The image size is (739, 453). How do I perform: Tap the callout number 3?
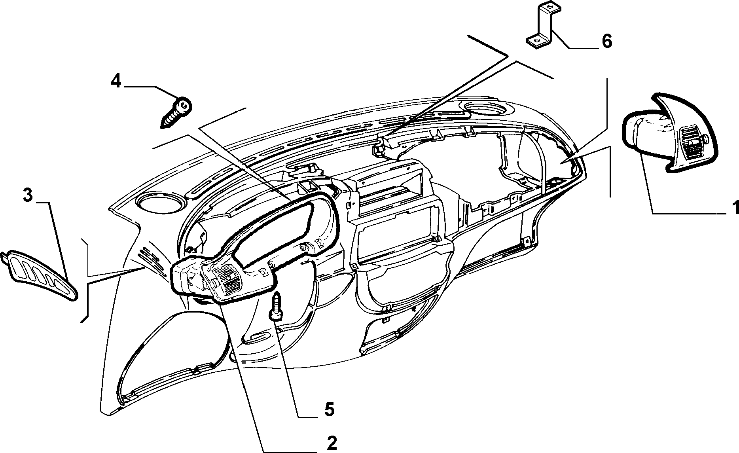pyautogui.click(x=27, y=195)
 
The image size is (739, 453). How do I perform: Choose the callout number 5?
pyautogui.click(x=329, y=409)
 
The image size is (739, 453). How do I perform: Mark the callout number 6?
pyautogui.click(x=607, y=41)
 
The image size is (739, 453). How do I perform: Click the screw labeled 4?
pyautogui.click(x=176, y=112)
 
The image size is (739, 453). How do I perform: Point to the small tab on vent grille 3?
pyautogui.click(x=4, y=258)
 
